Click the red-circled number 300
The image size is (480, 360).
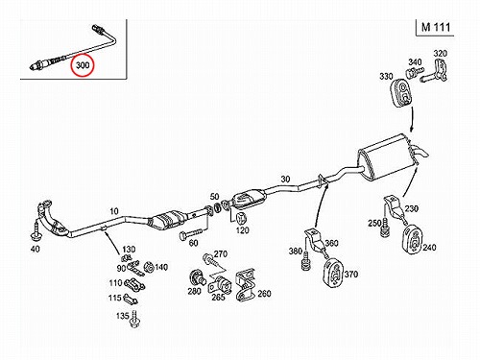pyautogui.click(x=83, y=65)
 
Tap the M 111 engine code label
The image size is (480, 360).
pyautogui.click(x=436, y=27)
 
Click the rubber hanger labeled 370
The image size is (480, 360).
pyautogui.click(x=333, y=272)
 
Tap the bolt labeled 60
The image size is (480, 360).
pyautogui.click(x=191, y=232)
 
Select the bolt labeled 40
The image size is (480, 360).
pyautogui.click(x=36, y=231)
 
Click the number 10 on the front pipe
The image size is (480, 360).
pyautogui.click(x=114, y=211)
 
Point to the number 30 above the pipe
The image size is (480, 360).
pyautogui.click(x=285, y=179)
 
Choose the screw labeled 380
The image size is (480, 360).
pyautogui.click(x=305, y=262)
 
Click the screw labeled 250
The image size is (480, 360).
pyautogui.click(x=384, y=228)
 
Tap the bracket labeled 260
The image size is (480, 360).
pyautogui.click(x=245, y=286)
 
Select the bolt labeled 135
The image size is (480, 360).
pyautogui.click(x=134, y=319)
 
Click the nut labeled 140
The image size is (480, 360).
pyautogui.click(x=148, y=267)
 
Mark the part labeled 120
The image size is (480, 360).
pyautogui.click(x=241, y=218)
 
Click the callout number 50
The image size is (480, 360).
pyautogui.click(x=214, y=197)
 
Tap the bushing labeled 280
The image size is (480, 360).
pyautogui.click(x=195, y=277)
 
